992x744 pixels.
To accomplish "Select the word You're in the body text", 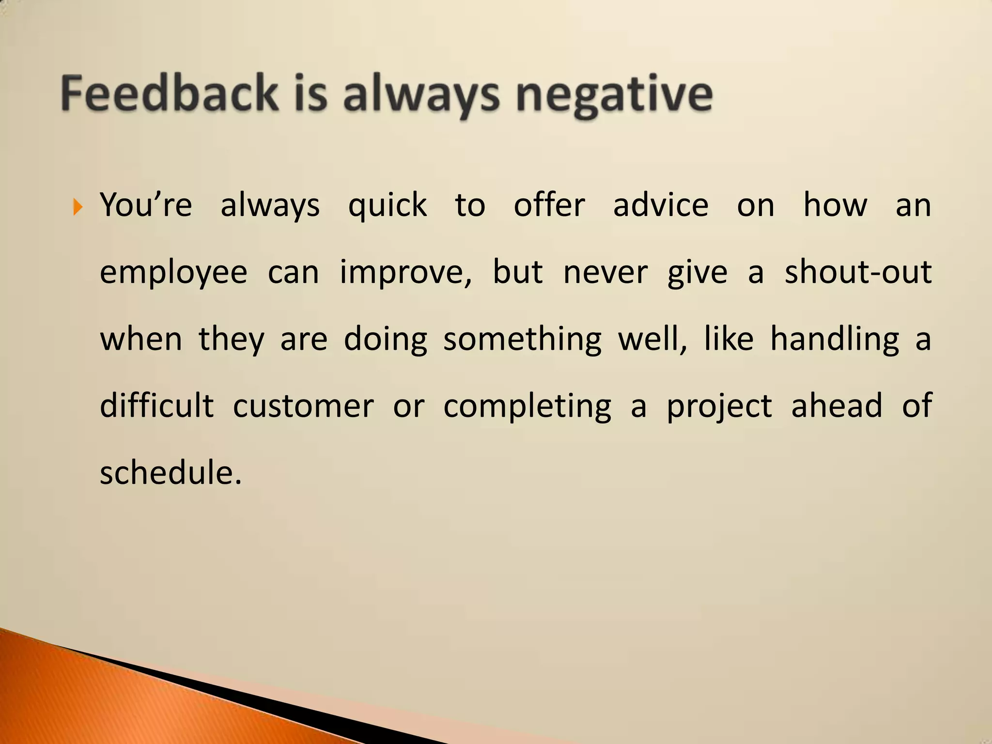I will (146, 205).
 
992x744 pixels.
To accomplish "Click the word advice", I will (661, 205).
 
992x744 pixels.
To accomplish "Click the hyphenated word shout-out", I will (858, 272).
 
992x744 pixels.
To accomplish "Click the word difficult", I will (156, 406).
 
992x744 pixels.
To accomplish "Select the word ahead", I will (837, 406).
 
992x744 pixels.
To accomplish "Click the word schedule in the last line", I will (170, 472).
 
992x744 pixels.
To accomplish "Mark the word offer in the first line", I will (549, 205).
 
